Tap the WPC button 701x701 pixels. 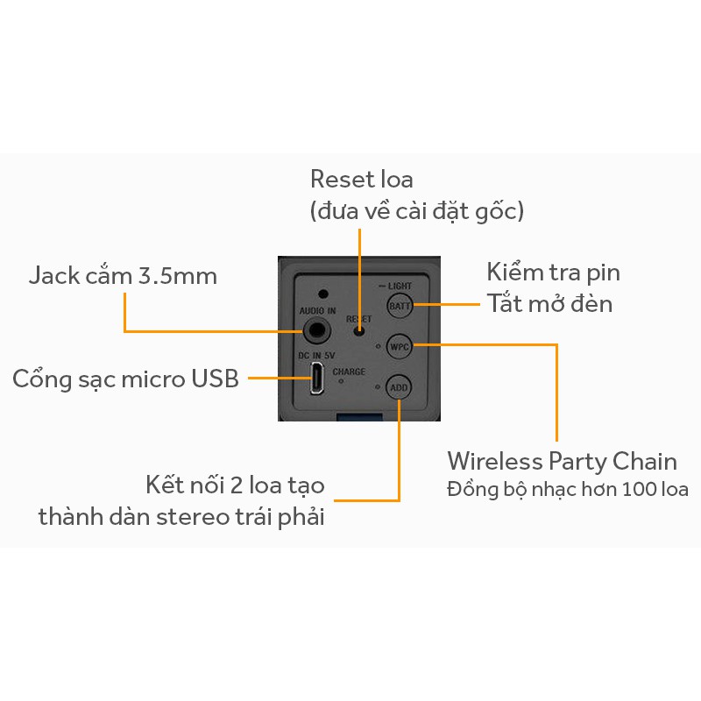click(400, 345)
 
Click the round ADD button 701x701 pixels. click(399, 386)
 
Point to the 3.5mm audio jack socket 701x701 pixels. click(317, 331)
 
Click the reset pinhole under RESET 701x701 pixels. click(358, 330)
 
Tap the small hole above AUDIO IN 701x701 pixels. click(323, 294)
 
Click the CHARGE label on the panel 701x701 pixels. click(349, 372)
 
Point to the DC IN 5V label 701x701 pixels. click(316, 355)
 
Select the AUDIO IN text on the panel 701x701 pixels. click(317, 311)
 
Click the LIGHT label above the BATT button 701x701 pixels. click(399, 287)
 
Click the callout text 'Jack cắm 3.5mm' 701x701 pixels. click(123, 276)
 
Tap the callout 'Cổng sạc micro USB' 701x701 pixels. click(125, 379)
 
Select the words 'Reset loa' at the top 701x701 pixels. click(361, 180)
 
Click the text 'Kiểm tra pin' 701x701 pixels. click(553, 273)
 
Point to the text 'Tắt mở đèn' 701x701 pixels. click(549, 304)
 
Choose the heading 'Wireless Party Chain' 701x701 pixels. click(562, 461)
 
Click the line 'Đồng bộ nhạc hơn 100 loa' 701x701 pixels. click(567, 489)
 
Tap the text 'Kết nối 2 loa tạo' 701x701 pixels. click(236, 485)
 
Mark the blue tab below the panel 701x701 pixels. click(358, 415)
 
